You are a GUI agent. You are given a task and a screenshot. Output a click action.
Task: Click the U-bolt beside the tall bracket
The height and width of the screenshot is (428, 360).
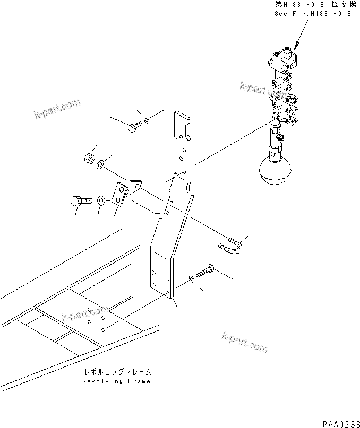(230, 245)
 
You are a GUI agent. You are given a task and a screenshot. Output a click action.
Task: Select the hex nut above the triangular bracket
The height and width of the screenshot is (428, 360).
(90, 158)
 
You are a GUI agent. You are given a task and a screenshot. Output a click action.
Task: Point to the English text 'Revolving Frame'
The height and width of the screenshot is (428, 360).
(116, 381)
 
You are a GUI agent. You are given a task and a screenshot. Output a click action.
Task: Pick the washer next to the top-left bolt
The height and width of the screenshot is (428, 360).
(147, 119)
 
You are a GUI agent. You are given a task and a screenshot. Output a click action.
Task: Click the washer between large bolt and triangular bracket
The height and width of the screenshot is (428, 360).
(101, 201)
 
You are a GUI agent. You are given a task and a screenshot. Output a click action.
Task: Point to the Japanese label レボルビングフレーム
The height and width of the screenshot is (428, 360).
(116, 372)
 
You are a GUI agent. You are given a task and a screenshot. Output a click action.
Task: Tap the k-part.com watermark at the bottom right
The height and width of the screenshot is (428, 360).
(244, 343)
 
